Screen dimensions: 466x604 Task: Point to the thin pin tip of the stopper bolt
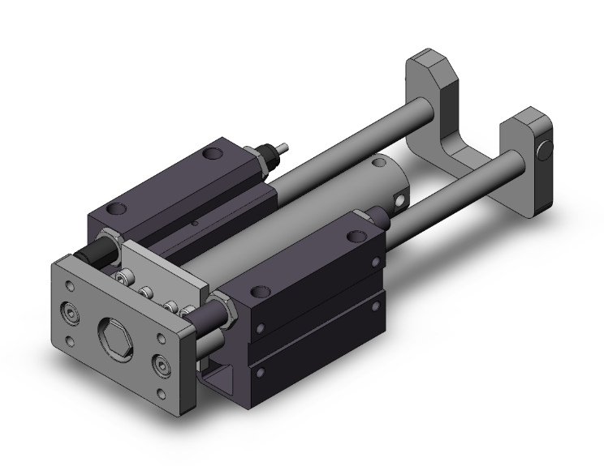tap(285, 149)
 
